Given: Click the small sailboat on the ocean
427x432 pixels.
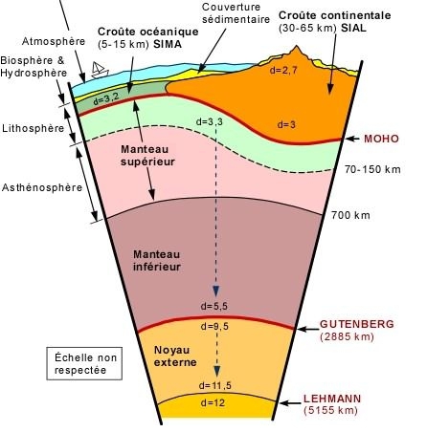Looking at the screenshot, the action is point(100,70).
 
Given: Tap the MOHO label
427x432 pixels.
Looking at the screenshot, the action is point(381,139).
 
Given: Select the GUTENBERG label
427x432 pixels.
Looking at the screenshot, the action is point(357,324).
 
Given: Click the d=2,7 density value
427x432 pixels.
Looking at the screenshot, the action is point(283,70).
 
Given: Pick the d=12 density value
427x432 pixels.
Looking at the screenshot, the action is point(213,403).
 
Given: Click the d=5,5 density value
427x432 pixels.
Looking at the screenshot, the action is point(214,306).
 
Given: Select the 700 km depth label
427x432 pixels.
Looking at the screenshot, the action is point(350,215).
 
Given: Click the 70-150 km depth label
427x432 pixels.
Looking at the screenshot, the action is point(372,169).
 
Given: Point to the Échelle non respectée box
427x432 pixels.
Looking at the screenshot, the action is point(84,363).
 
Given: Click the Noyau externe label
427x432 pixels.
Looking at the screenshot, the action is point(175,356).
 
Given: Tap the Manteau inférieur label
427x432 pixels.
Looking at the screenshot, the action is point(157,260).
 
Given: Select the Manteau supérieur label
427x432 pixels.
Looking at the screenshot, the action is point(147,155).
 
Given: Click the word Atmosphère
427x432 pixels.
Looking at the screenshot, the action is point(54,41).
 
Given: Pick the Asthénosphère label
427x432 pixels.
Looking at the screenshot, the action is point(42,187).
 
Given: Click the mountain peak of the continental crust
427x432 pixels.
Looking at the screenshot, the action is point(297,47).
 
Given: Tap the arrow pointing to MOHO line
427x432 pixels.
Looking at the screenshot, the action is point(353,139).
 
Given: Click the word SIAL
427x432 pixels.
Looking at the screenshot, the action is point(353,28).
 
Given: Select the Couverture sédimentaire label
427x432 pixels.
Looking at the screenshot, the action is point(236,12).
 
